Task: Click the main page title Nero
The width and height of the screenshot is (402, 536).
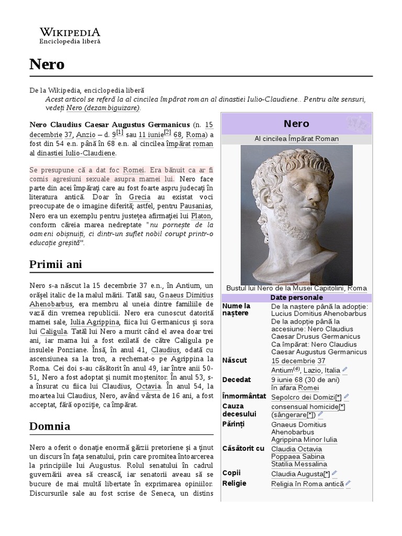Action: pyautogui.click(x=47, y=64)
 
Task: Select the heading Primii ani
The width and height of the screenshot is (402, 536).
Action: pyautogui.click(x=56, y=264)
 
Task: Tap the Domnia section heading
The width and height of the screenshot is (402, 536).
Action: pyautogui.click(x=50, y=426)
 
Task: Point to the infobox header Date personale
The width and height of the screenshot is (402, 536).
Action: pyautogui.click(x=296, y=297)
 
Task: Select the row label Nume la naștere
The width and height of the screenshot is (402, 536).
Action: pyautogui.click(x=236, y=309)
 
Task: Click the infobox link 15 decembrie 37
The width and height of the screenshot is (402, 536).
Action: pyautogui.click(x=298, y=361)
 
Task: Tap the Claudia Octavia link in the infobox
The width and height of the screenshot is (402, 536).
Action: pyautogui.click(x=297, y=449)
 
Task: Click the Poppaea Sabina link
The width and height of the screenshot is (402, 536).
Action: pyautogui.click(x=298, y=456)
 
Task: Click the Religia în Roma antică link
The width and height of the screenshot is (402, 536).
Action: pyautogui.click(x=307, y=484)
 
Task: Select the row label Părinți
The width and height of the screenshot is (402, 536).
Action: pyautogui.click(x=233, y=423)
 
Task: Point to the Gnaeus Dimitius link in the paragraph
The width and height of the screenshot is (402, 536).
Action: pyautogui.click(x=186, y=295)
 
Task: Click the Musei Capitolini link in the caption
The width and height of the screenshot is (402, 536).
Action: pyautogui.click(x=319, y=288)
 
